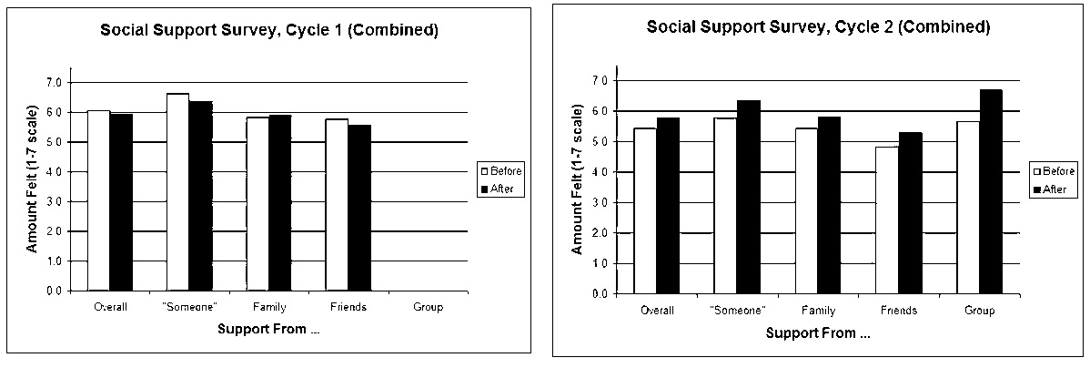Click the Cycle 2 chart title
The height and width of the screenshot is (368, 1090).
[818, 27]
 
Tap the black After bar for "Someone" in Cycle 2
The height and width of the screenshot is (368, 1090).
[748, 197]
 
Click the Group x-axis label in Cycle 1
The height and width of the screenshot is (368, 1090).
[427, 307]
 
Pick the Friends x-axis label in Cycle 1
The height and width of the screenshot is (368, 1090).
[348, 307]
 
